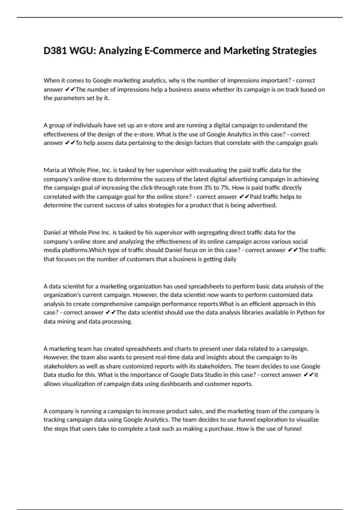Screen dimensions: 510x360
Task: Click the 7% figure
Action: [225, 188]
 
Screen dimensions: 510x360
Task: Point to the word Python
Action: [306, 312]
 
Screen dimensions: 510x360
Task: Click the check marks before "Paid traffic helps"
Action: [244, 197]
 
